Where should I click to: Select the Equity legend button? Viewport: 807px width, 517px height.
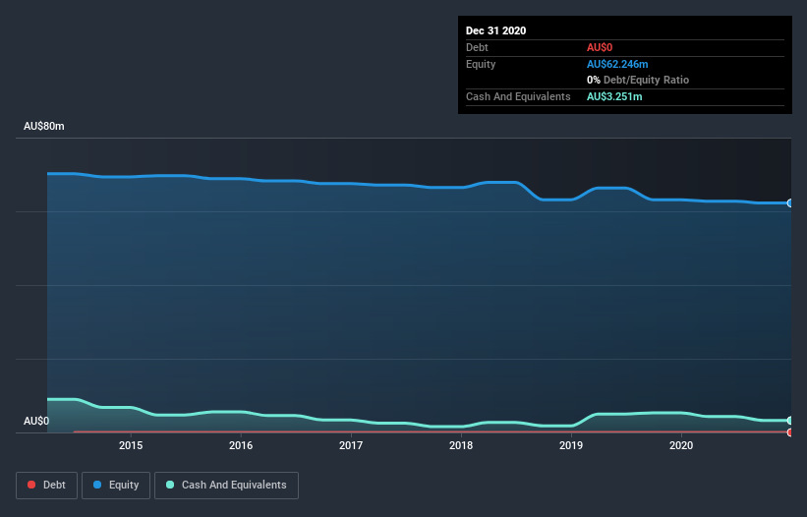[116, 485]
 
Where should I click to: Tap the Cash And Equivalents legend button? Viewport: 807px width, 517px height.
[226, 485]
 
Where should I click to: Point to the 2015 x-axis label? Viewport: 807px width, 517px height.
[131, 446]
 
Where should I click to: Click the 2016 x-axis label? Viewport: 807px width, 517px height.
[241, 446]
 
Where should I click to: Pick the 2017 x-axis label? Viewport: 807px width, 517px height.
[351, 446]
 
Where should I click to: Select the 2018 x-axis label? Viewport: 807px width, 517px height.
[461, 446]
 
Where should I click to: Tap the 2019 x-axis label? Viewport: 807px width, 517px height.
[571, 446]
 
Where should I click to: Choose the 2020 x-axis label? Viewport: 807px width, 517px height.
[681, 446]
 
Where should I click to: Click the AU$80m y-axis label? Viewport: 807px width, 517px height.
[44, 127]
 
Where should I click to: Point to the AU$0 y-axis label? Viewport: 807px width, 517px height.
[36, 421]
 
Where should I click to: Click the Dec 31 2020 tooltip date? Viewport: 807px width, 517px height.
[496, 30]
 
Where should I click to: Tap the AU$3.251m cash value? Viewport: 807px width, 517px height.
[614, 96]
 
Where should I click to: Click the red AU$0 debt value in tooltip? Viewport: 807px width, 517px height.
[601, 47]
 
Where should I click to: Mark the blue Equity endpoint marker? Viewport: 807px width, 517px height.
[790, 203]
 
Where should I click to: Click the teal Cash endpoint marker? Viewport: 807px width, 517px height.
[790, 421]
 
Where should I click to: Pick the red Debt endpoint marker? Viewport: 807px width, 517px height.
[790, 431]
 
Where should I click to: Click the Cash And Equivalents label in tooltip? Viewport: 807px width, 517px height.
[518, 96]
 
